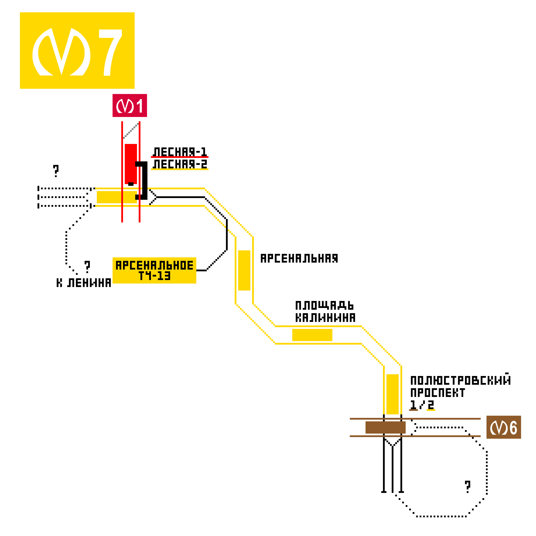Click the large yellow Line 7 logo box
(77, 50)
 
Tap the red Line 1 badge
(130, 105)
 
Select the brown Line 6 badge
(504, 427)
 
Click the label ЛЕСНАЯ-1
(180, 152)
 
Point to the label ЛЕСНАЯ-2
(180, 164)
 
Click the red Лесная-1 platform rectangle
(131, 164)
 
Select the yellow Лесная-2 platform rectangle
(117, 197)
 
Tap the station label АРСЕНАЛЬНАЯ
(299, 258)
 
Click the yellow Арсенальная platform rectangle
(244, 270)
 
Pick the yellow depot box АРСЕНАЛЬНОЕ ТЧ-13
(154, 270)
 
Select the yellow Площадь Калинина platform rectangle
(312, 335)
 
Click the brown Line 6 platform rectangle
(385, 427)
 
